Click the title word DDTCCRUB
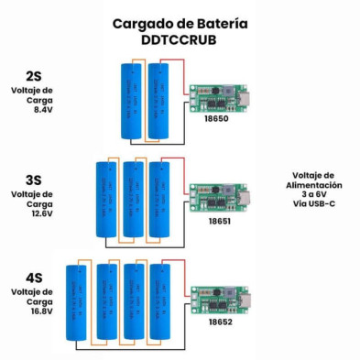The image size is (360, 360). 180,40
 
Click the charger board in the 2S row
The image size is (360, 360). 220,97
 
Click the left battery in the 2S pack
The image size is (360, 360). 130,101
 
